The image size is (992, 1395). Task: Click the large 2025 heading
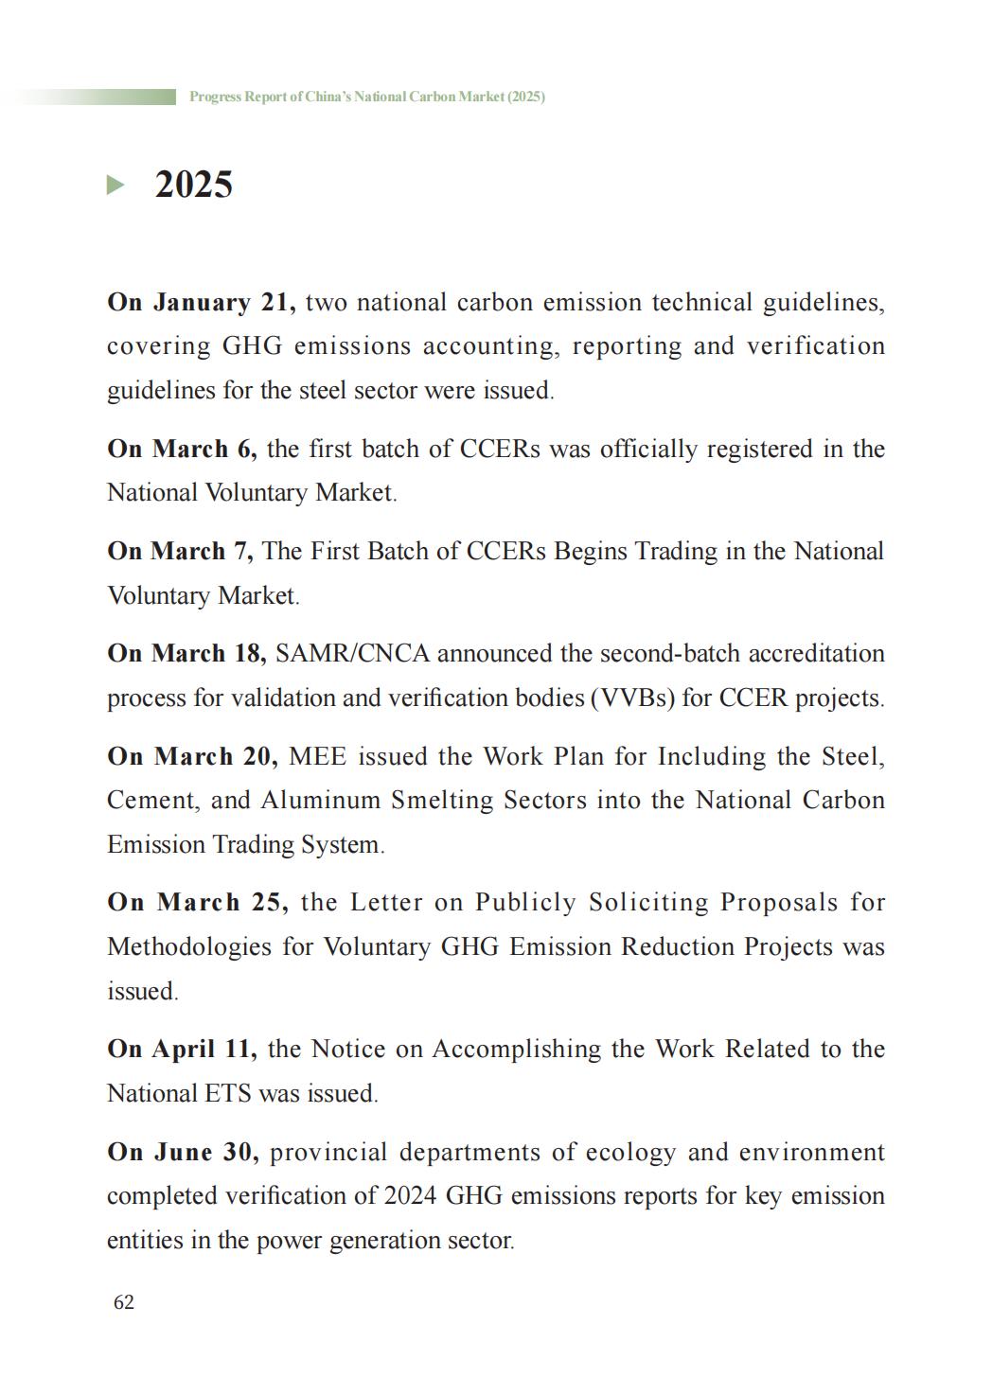(193, 185)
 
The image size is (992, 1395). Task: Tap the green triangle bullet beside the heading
(115, 185)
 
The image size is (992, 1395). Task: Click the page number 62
(124, 1302)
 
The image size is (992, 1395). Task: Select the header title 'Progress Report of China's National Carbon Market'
(366, 97)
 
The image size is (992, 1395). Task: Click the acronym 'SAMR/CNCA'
(351, 654)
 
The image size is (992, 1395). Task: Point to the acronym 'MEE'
(317, 757)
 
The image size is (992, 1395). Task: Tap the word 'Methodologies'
(189, 947)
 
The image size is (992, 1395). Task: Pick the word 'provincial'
(328, 1153)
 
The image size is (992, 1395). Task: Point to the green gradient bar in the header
(95, 97)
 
